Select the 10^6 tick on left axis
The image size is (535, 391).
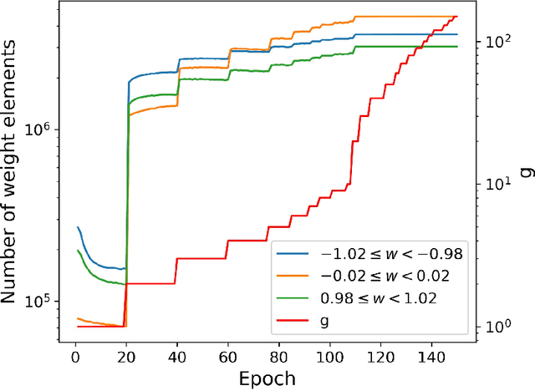pos(43,129)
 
